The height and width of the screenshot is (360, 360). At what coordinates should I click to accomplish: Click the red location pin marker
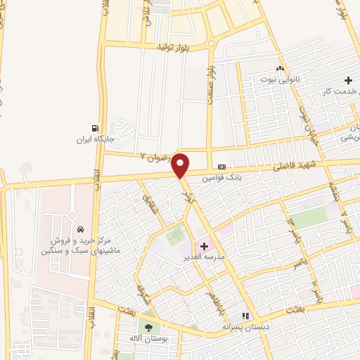(x=181, y=165)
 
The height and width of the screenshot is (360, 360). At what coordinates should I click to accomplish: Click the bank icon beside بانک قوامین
(x=222, y=167)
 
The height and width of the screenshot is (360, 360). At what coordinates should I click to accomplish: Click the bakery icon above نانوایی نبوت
(x=281, y=69)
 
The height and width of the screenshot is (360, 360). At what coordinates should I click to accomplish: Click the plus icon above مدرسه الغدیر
(x=205, y=246)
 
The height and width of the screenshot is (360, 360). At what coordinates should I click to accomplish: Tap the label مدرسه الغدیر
(x=205, y=258)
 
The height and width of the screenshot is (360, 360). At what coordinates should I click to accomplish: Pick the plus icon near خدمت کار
(x=349, y=81)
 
